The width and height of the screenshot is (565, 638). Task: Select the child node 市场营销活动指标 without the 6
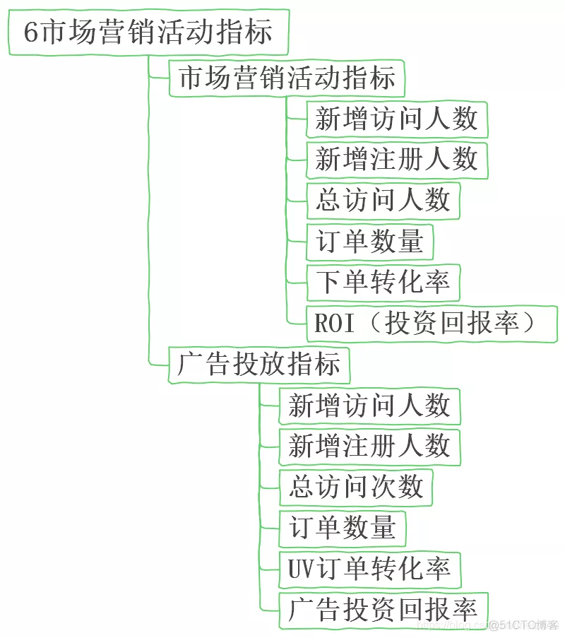click(x=287, y=78)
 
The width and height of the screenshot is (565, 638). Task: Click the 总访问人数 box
click(x=383, y=201)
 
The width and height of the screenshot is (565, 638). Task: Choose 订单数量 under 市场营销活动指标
click(x=369, y=242)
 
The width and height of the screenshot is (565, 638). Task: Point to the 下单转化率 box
click(x=383, y=283)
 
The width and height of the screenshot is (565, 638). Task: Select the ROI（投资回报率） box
click(x=432, y=324)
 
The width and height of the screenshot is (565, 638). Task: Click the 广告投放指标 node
click(x=259, y=365)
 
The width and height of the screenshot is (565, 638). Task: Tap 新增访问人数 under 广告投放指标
click(x=369, y=406)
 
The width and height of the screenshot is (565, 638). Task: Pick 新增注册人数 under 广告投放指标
click(x=369, y=447)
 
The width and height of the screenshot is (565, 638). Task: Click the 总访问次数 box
click(x=356, y=488)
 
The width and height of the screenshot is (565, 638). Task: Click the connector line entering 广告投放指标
click(x=160, y=364)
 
